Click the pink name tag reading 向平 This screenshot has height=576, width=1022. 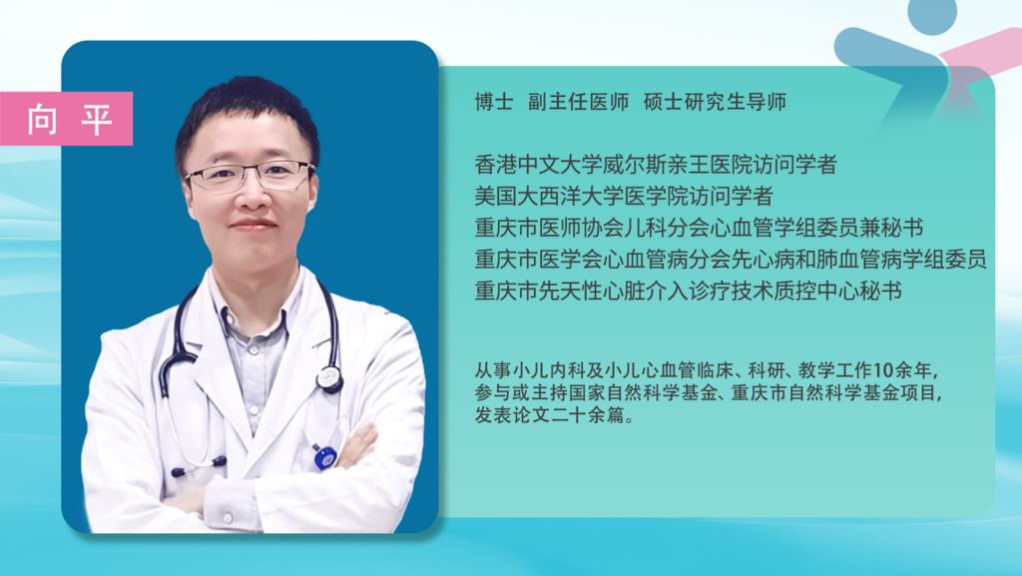tap(67, 119)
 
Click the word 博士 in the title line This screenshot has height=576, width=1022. tap(494, 102)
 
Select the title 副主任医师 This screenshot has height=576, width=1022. tap(578, 102)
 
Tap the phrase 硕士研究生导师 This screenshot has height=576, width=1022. tap(715, 102)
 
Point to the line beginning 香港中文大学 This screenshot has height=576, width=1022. tap(656, 164)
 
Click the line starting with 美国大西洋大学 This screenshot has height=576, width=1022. tap(624, 196)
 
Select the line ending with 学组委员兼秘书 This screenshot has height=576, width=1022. tap(699, 228)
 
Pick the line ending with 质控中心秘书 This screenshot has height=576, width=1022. tap(689, 290)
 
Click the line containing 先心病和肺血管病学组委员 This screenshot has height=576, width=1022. tap(731, 260)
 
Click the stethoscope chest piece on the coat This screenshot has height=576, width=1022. tap(330, 377)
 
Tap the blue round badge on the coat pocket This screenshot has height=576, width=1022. tap(324, 457)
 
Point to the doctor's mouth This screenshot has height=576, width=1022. tap(253, 225)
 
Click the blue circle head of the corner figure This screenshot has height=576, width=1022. tap(932, 15)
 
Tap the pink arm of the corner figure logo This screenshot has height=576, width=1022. tap(980, 48)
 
